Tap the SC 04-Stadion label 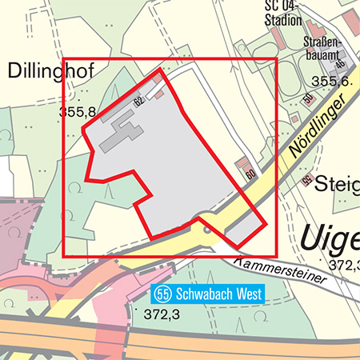[283, 14]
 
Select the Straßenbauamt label [323, 48]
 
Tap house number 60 [250, 174]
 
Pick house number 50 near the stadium [306, 98]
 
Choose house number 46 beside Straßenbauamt [339, 64]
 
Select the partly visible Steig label [337, 183]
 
